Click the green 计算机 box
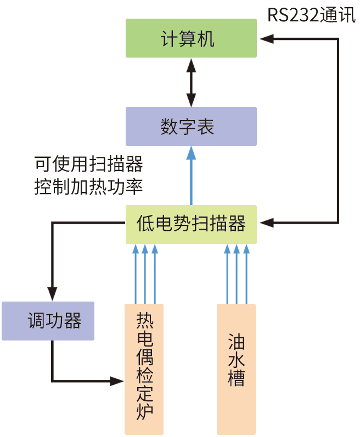(191, 38)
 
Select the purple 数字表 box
(191, 126)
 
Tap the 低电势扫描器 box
(191, 224)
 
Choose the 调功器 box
(48, 321)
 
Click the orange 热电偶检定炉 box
(144, 368)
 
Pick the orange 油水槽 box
(236, 368)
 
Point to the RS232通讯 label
(311, 15)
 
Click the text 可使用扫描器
(88, 163)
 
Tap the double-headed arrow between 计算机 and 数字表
(191, 82)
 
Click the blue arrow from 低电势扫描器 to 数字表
(191, 175)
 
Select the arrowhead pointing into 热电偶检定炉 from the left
(117, 381)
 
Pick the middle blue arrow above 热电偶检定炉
(145, 274)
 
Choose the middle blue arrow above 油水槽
(237, 274)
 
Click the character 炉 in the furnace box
(144, 410)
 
